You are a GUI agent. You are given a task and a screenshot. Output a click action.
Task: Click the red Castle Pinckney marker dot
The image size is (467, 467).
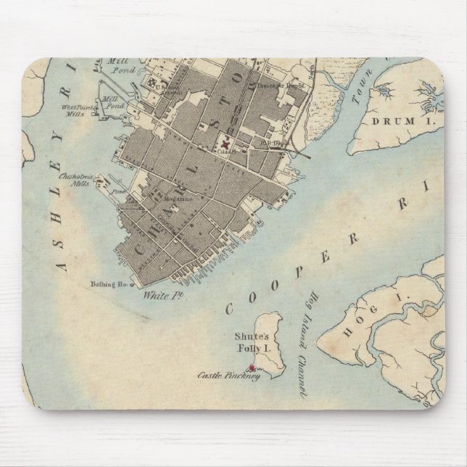(252, 368)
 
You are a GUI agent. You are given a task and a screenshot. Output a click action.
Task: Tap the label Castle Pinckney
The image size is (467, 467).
(228, 376)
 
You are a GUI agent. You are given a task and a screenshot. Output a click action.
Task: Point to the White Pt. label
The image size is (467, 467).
(157, 295)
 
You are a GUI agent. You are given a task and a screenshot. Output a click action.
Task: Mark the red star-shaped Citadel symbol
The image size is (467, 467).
(226, 144)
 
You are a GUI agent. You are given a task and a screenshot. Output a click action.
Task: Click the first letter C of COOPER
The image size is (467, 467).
(231, 307)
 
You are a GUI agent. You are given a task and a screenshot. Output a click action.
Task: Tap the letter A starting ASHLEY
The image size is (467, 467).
(62, 266)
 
